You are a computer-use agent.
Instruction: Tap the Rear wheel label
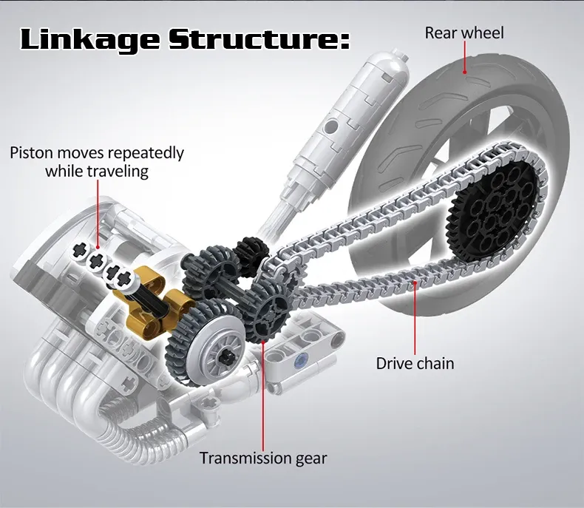click(x=464, y=33)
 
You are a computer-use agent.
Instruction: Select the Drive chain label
click(x=415, y=363)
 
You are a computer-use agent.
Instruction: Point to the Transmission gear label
click(x=263, y=458)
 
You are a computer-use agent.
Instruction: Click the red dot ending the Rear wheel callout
click(x=464, y=72)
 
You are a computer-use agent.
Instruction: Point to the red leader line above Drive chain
click(x=415, y=318)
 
